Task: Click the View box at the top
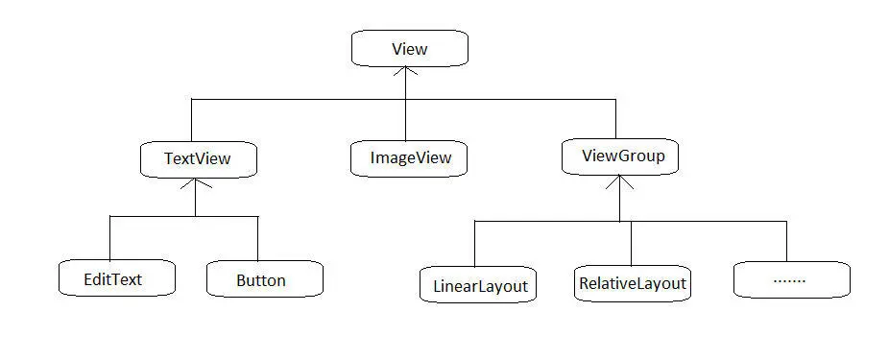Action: tap(409, 48)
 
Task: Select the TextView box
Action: tap(198, 158)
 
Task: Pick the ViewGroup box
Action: tap(619, 156)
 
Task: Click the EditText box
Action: tap(115, 279)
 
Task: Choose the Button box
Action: tap(264, 279)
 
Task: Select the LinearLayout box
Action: tap(477, 285)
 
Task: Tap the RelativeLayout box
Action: tap(633, 282)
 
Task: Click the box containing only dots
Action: tap(790, 279)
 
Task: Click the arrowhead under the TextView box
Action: tap(195, 182)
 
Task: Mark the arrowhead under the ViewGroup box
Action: tap(619, 180)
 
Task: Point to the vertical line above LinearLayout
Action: tap(475, 244)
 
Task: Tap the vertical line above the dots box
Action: tap(786, 241)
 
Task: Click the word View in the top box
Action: tap(409, 48)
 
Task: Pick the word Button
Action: tap(261, 280)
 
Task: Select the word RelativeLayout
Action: tap(633, 283)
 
